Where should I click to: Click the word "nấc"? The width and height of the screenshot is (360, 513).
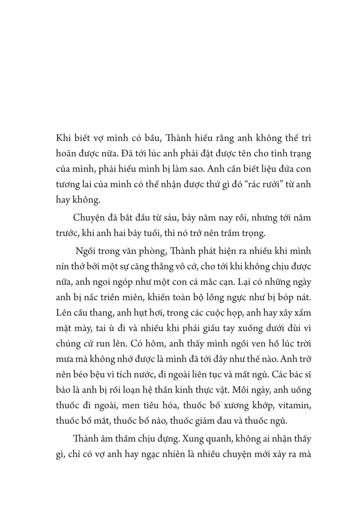[92, 298]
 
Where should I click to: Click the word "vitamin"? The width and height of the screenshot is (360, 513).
[295, 405]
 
